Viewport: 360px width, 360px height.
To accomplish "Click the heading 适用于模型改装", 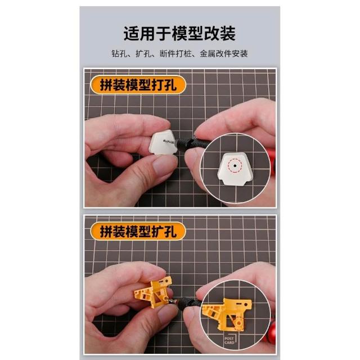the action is click(x=179, y=34).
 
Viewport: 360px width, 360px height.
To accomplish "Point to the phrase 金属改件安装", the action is click(x=224, y=54).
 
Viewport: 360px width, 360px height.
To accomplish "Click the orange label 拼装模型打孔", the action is click(x=138, y=85).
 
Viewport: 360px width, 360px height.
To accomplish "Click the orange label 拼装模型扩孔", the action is click(x=138, y=231).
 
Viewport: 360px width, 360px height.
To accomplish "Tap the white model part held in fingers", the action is click(x=164, y=142).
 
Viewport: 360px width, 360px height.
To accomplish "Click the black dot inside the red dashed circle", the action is click(x=235, y=165).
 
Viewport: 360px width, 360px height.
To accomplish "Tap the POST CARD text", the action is click(x=229, y=340).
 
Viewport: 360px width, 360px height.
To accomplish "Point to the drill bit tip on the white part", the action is click(x=164, y=141).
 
